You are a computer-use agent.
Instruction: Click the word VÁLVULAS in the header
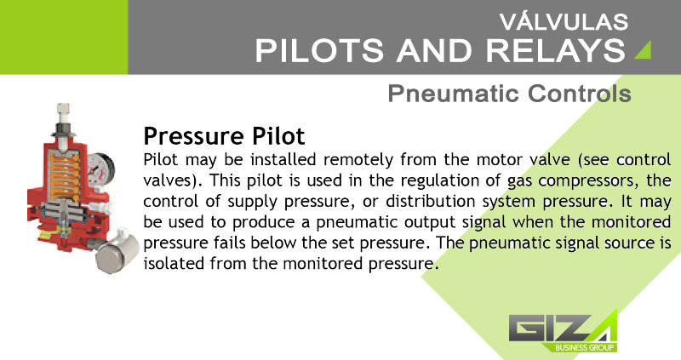click(x=564, y=21)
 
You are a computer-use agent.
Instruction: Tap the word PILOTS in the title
click(x=319, y=50)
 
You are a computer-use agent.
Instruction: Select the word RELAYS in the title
click(x=556, y=50)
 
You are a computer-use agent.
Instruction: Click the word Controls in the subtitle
click(x=580, y=94)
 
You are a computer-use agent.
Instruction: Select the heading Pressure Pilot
click(x=224, y=135)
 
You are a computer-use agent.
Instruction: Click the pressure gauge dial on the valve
click(x=100, y=169)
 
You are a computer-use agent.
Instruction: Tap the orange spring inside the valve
click(x=63, y=174)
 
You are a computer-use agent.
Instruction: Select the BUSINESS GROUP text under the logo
click(x=585, y=347)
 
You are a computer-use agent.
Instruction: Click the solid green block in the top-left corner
click(x=64, y=37)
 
